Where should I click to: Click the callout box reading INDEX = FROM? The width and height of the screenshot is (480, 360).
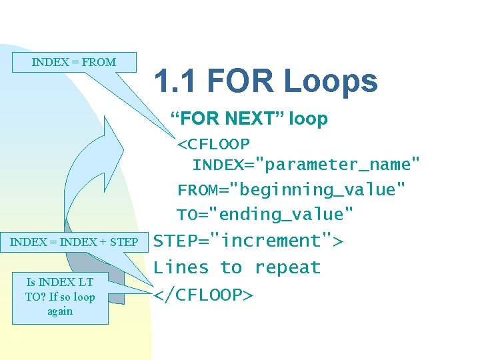click(74, 62)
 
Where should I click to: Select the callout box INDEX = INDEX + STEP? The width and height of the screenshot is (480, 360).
click(74, 241)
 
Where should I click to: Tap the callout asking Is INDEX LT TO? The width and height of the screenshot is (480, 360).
click(60, 297)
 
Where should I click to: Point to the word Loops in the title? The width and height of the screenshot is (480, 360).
click(330, 81)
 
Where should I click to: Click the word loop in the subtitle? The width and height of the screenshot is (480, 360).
click(308, 119)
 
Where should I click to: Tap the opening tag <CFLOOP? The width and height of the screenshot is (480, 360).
click(213, 144)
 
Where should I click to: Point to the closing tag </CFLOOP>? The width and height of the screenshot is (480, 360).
click(203, 294)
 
